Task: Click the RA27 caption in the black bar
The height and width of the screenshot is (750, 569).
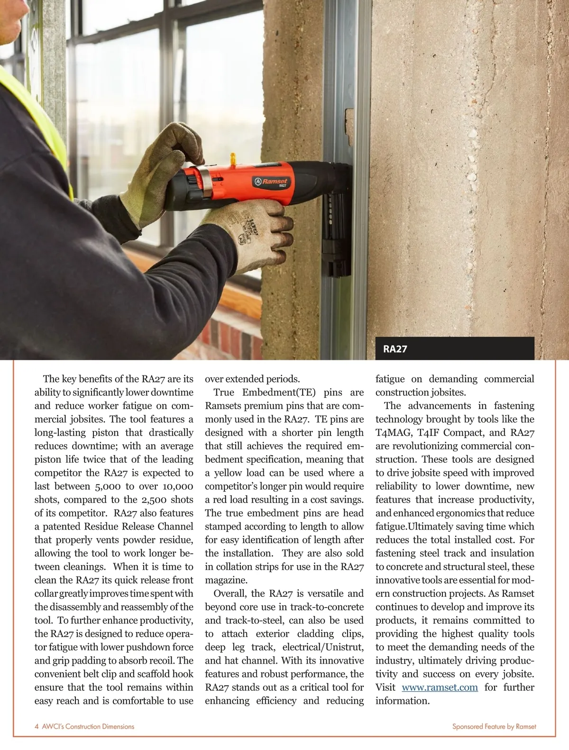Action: tap(395, 350)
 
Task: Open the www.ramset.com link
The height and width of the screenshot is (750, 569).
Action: tap(440, 687)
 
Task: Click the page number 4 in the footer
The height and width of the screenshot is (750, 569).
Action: tap(37, 726)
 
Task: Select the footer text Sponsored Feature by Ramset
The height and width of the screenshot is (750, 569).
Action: tap(494, 726)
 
